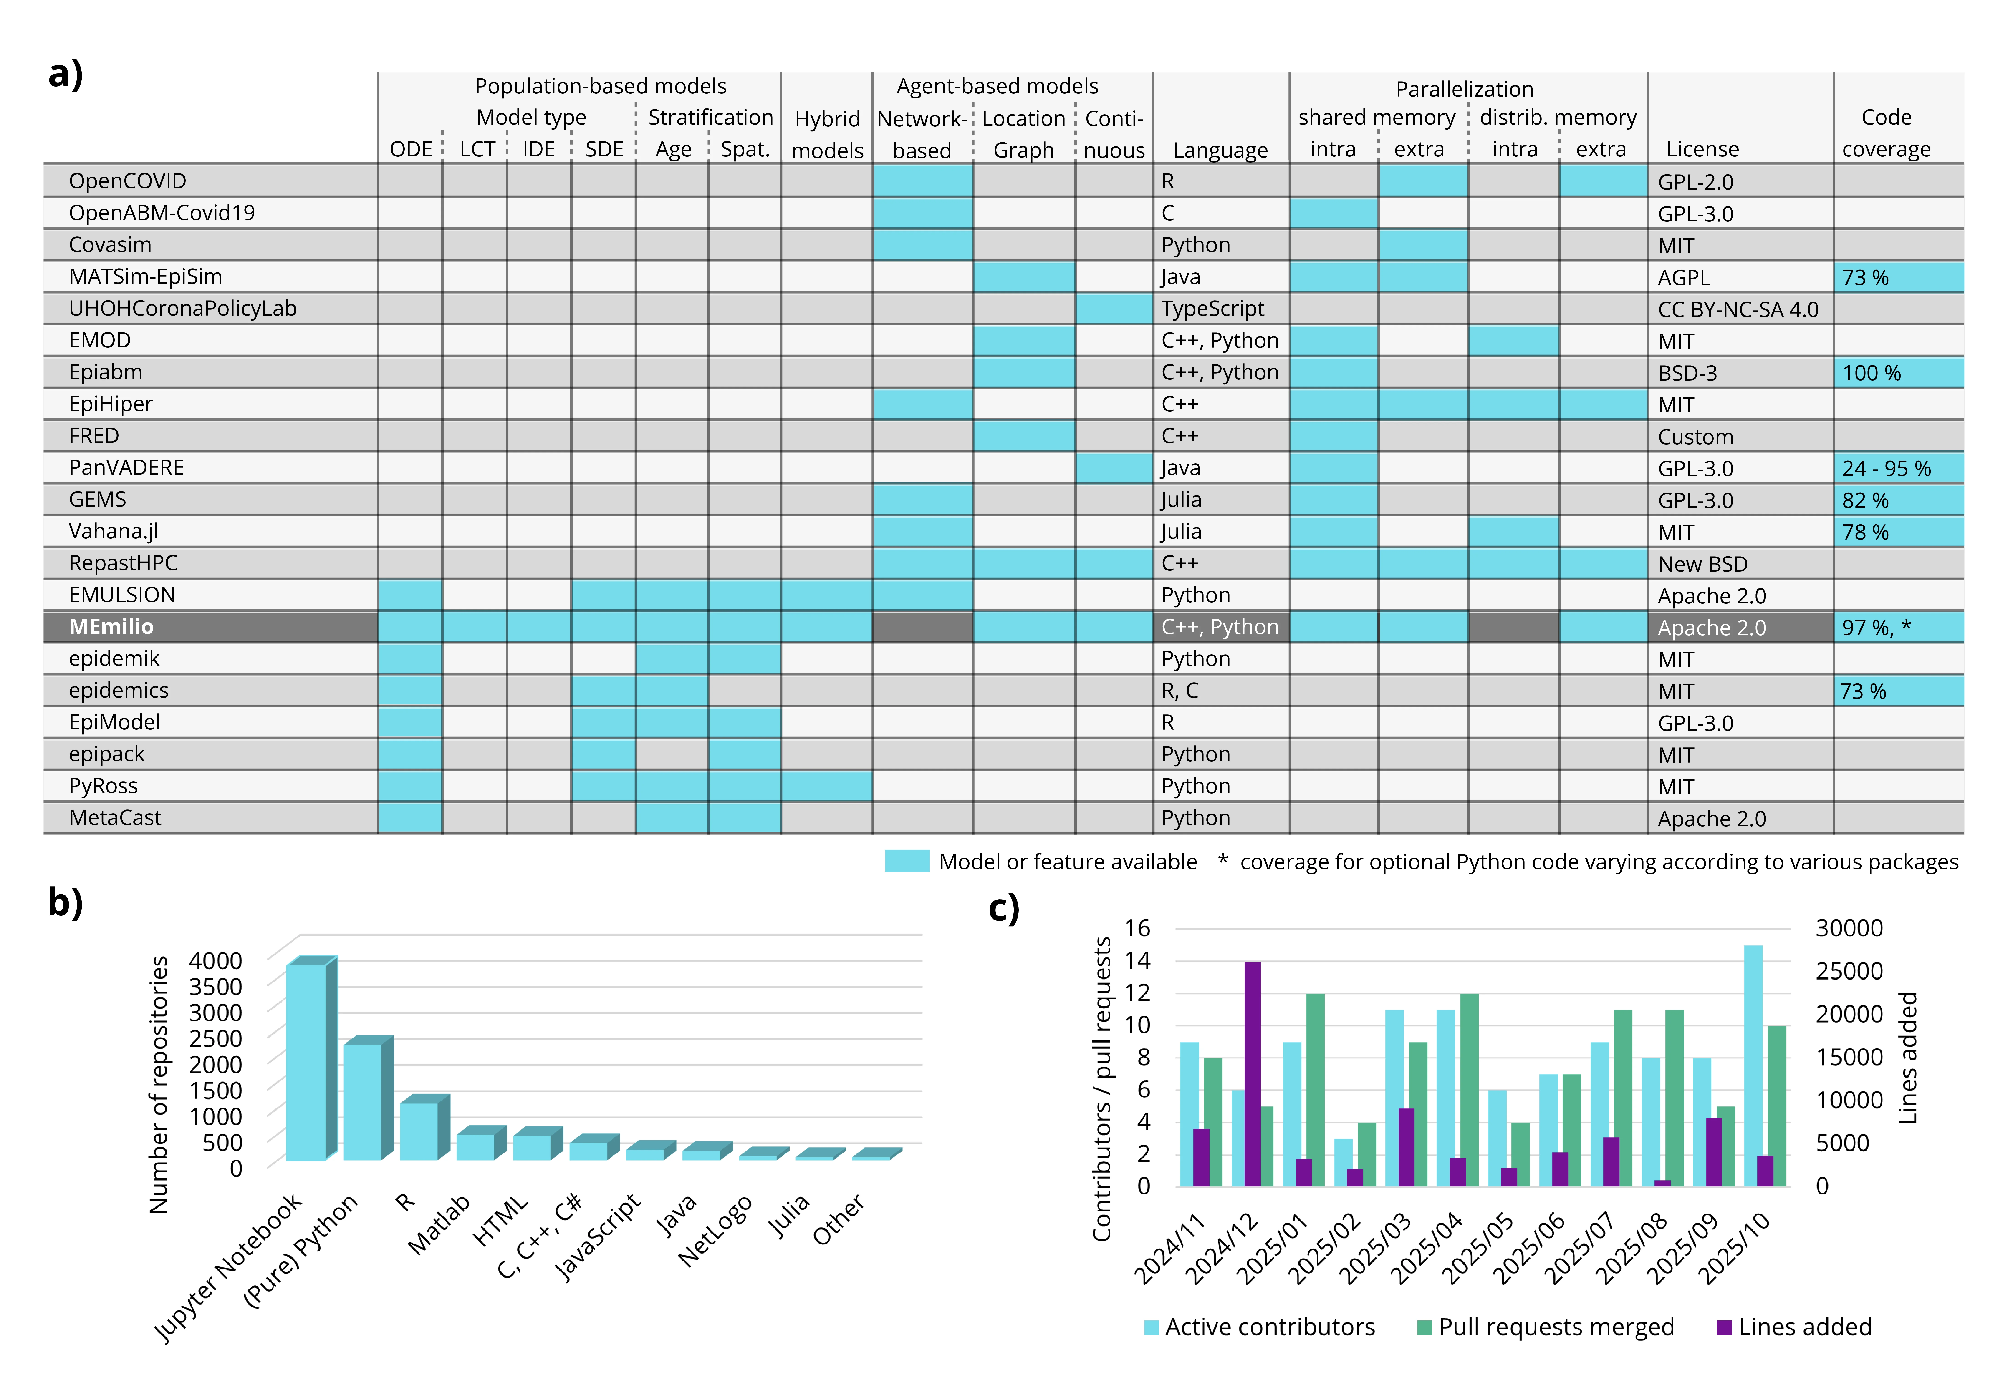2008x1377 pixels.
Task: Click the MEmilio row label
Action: click(x=111, y=626)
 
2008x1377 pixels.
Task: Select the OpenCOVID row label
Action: click(x=127, y=181)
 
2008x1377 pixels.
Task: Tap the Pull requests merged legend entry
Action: click(x=1545, y=1327)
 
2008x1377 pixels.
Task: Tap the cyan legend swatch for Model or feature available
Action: click(x=906, y=861)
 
